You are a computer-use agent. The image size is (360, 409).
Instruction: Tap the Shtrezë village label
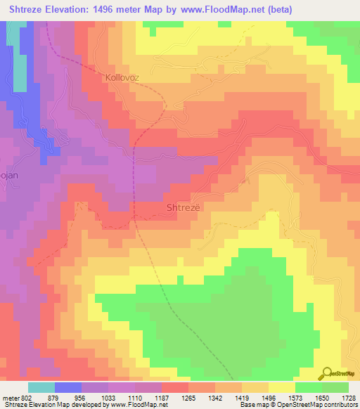[x=183, y=208]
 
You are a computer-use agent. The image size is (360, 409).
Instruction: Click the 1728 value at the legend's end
[x=349, y=398]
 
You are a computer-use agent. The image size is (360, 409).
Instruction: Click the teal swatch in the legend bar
[x=41, y=387]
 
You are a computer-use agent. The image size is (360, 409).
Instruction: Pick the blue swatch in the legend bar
[x=68, y=387]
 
